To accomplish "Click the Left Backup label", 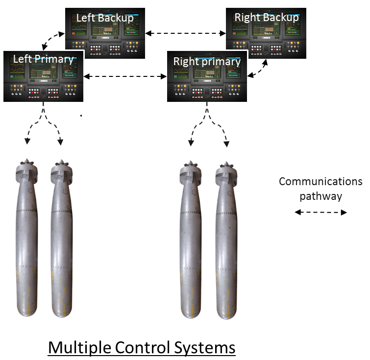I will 105,18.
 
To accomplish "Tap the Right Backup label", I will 267,18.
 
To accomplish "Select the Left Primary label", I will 43,59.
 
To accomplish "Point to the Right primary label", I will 207,62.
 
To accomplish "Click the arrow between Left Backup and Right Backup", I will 186,33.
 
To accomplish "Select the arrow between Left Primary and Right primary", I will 125,76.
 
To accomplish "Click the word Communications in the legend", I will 321,182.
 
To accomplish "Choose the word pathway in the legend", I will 321,196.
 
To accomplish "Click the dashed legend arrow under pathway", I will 321,212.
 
